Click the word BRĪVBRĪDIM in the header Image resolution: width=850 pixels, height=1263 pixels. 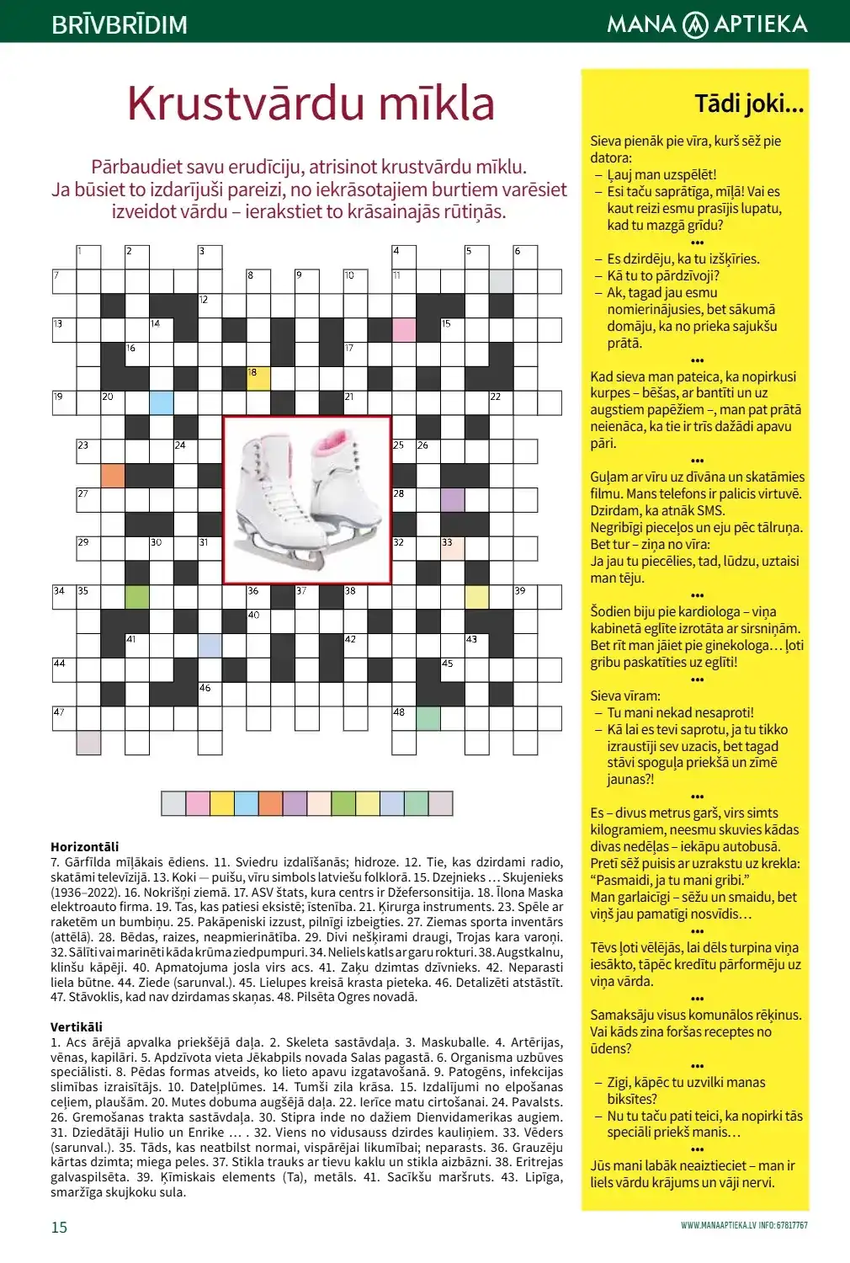[x=120, y=24]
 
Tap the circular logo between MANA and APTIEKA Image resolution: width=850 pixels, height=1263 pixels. [x=695, y=24]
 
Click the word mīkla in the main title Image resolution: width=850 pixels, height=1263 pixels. [x=436, y=104]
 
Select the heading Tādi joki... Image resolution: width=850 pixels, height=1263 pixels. [x=748, y=104]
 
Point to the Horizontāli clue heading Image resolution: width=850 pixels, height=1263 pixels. [x=85, y=846]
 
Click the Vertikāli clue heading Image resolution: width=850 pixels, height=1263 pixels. [x=77, y=1026]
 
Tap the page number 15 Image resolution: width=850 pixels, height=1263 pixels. [x=59, y=1227]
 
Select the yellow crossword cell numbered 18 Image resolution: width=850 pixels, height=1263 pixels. [x=258, y=378]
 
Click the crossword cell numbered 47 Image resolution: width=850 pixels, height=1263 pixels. [x=64, y=718]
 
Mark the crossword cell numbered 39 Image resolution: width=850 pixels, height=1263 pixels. [x=526, y=597]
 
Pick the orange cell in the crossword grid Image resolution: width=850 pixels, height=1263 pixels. [x=113, y=475]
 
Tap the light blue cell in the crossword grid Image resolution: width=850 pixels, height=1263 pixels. [x=162, y=402]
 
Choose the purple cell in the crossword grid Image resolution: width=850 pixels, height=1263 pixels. [x=453, y=499]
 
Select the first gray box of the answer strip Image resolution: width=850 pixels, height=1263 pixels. [x=173, y=803]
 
